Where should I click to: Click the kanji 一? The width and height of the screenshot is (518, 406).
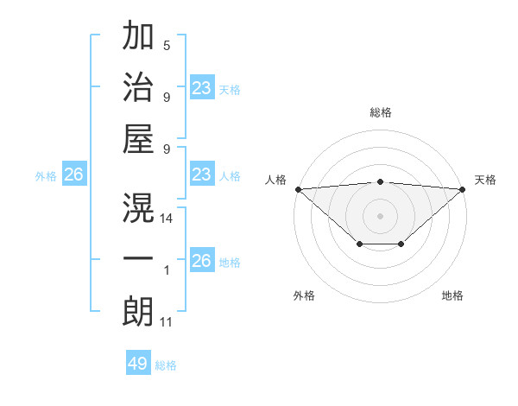pos(138,259)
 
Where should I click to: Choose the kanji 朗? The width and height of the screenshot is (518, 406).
pos(138,311)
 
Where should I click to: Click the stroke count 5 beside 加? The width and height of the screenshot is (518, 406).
pos(167,45)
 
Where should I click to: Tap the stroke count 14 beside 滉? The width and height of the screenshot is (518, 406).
pos(167,219)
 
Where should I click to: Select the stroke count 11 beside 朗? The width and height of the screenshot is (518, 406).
pos(167,322)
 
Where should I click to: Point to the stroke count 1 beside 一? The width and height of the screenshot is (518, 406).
pos(167,270)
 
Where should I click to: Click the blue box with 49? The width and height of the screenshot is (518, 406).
pos(138,364)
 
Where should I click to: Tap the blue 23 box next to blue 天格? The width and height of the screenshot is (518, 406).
pos(202,88)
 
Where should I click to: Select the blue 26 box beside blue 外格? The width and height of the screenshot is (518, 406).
pos(73,174)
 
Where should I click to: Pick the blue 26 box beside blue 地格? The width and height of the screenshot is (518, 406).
pos(202,261)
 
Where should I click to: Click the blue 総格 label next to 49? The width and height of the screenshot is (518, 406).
pos(167,365)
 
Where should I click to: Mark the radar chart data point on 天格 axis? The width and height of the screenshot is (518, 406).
pos(464,188)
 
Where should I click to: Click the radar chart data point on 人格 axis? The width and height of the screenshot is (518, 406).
pos(298,188)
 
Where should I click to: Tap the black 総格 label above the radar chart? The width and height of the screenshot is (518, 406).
pos(381,112)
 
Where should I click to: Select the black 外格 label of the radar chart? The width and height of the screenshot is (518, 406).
pos(304,295)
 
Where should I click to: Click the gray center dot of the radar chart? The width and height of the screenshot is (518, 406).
pos(381,215)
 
